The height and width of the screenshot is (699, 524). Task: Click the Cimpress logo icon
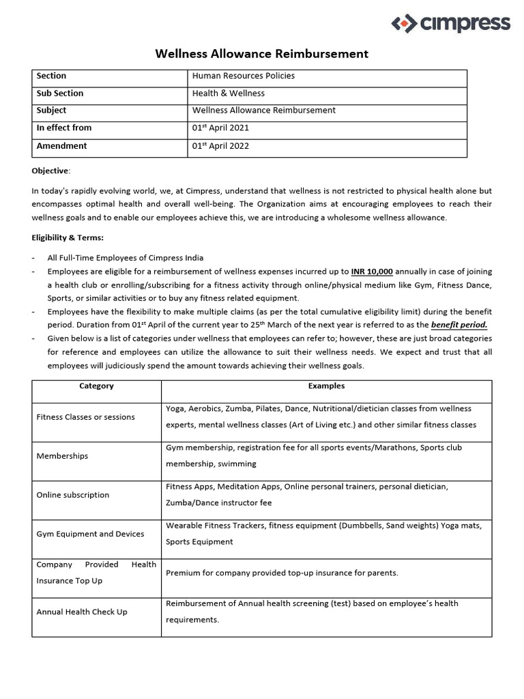point(403,24)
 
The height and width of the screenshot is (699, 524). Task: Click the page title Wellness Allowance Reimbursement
point(262,53)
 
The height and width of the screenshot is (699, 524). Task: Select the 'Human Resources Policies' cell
point(244,76)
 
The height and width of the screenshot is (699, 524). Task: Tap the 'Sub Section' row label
point(60,93)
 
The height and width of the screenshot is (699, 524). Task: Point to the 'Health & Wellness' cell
point(229,93)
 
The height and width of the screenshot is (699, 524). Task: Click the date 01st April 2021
point(220,128)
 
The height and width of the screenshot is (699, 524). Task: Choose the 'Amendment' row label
point(61,145)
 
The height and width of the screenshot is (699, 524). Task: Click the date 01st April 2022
point(220,145)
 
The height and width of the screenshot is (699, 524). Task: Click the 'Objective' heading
point(50,170)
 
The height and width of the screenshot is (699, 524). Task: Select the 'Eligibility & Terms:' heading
point(68,238)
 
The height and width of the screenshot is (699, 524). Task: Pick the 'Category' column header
point(96,386)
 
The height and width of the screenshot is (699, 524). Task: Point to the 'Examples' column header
point(326,386)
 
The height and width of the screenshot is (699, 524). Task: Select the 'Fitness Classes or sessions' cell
point(85,417)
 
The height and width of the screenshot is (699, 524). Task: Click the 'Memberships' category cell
point(62,456)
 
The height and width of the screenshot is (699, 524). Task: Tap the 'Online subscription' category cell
point(72,495)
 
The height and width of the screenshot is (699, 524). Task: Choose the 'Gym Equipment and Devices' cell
point(90,534)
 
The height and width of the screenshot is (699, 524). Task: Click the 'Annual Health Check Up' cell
point(82,612)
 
